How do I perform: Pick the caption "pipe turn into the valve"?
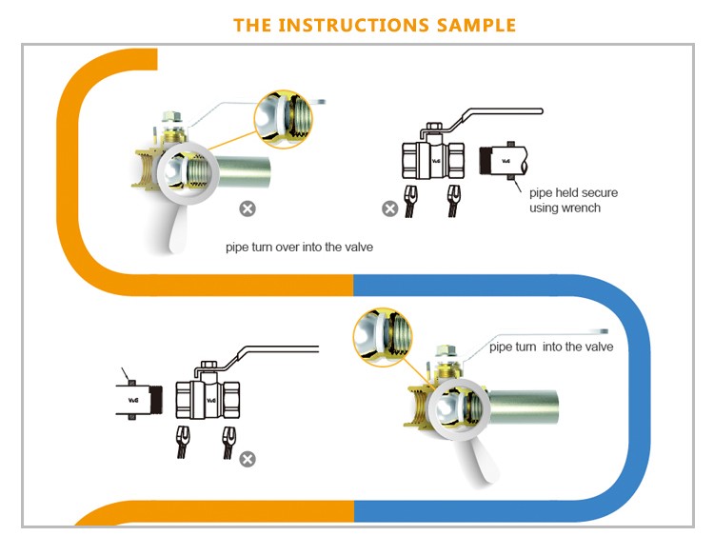551,347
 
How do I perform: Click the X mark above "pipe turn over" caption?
247,208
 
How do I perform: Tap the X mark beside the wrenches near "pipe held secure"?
389,208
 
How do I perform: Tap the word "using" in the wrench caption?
545,208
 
